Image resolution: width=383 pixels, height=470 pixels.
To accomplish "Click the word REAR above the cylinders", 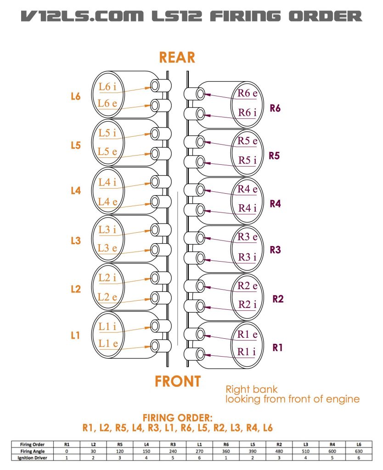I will pos(177,57).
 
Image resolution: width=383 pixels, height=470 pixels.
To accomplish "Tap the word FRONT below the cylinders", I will pos(177,381).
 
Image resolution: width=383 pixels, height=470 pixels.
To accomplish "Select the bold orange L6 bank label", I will pos(76,96).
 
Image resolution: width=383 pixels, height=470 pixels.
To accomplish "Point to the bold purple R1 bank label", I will pos(277,347).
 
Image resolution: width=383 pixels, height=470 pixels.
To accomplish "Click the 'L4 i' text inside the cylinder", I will pos(107,182).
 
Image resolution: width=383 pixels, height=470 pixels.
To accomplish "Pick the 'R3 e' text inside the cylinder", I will pos(248,237).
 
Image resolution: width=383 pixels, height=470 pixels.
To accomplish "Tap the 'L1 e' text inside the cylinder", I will pos(108,343).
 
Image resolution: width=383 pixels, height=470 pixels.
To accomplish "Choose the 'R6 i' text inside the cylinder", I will pos(247,112).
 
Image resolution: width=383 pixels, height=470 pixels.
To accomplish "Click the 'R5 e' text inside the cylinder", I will pos(248,141).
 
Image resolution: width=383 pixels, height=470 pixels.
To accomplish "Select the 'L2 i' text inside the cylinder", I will pos(107,277).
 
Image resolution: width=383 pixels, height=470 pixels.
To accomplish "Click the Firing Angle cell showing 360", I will pos(225,451).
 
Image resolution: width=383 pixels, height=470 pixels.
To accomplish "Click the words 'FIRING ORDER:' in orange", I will pos(178,418).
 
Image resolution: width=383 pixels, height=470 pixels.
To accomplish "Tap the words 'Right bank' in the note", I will pos(251,389).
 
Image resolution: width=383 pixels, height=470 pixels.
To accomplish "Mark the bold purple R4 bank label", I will pos(275,204).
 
